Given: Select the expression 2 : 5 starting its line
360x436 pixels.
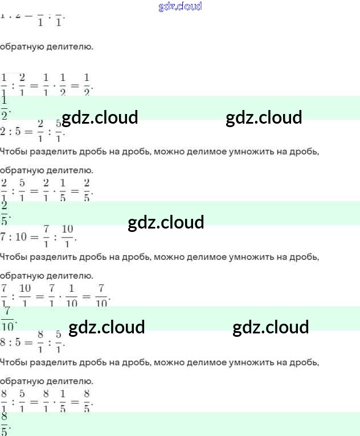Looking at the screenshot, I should [12, 132].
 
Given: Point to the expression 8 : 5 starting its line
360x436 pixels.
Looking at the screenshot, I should [12, 343].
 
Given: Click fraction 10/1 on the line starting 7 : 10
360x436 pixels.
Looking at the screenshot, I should [67, 236].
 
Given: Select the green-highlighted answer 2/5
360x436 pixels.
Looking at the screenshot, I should [5, 213].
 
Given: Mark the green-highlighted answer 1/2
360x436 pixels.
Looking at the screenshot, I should [5, 107].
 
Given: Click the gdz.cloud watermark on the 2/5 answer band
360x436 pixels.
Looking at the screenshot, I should [166, 222].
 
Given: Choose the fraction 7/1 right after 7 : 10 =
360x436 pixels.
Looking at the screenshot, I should [46, 236].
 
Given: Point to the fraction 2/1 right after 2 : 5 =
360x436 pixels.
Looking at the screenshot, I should [40, 131].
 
